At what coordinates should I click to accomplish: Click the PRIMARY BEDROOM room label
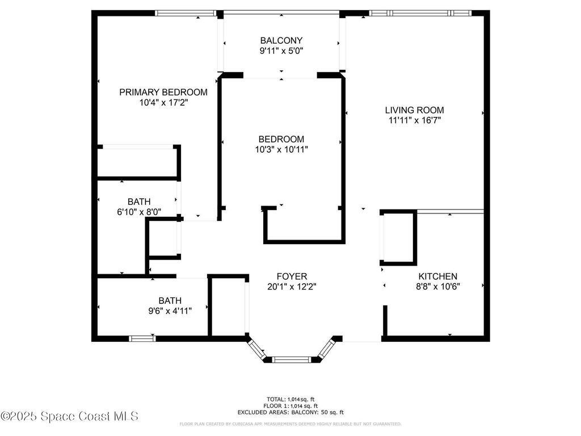pos(163,92)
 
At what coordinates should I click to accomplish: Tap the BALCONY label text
pos(281,40)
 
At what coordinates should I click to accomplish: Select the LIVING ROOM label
pos(414,110)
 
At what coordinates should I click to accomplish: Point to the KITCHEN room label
pos(437,276)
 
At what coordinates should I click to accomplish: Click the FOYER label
pos(292,276)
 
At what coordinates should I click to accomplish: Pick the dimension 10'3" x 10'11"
pos(281,149)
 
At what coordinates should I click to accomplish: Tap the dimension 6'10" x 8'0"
pos(139,212)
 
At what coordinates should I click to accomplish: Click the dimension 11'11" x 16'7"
pos(414,120)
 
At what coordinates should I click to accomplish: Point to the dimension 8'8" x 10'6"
pos(437,287)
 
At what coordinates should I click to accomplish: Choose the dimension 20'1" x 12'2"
pos(292,287)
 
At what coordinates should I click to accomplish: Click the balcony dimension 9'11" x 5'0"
pos(281,51)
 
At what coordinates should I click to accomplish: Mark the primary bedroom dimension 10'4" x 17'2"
pos(163,103)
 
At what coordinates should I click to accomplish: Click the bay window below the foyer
pos(291,359)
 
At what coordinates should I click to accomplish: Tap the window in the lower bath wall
pos(142,339)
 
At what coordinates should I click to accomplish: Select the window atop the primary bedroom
pos(185,12)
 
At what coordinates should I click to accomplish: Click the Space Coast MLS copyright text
pos(69,417)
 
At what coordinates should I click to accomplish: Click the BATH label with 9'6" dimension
pos(169,300)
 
